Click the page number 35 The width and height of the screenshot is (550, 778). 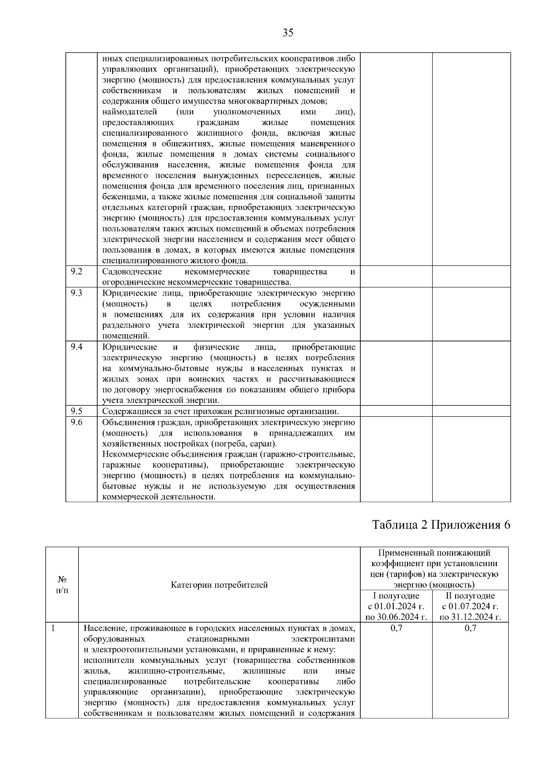coord(288,33)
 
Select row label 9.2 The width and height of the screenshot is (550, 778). coord(77,271)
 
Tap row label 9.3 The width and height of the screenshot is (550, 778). coord(77,293)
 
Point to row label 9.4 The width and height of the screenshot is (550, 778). coord(77,347)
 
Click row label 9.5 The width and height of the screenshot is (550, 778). coord(77,411)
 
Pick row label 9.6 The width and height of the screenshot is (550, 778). coord(77,422)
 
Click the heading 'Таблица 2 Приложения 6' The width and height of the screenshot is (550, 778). coord(441,525)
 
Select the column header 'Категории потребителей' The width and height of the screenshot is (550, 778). coord(219,585)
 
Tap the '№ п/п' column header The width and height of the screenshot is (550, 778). coord(62,585)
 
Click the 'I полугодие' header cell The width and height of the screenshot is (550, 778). coord(396,596)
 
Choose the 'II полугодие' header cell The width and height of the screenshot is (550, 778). coord(470,596)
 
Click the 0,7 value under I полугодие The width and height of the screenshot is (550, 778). coord(396,628)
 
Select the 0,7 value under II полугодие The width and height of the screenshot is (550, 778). coord(470,628)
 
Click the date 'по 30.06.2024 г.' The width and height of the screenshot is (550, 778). coord(396,617)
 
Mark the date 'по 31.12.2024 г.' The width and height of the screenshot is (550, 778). coord(470,617)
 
